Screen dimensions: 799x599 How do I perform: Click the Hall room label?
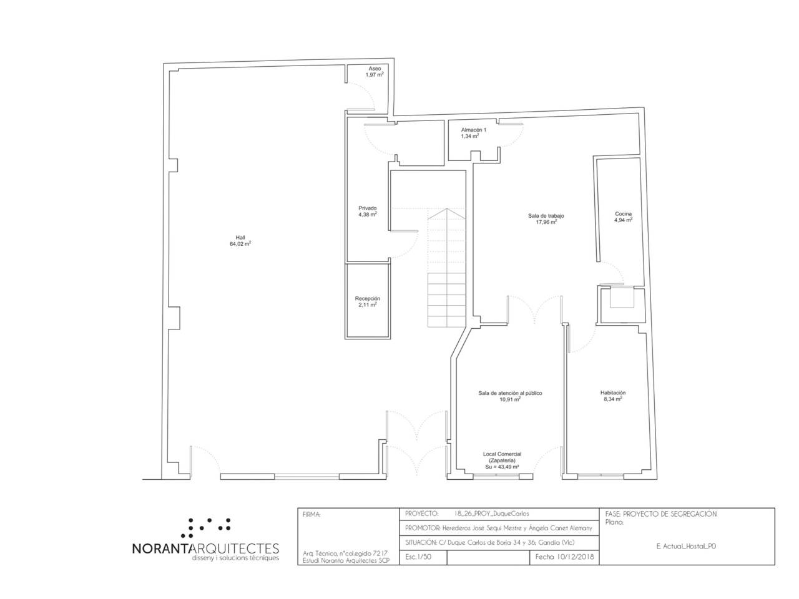point(240,238)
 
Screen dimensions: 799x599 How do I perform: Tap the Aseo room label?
point(375,69)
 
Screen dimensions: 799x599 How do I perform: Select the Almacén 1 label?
point(474,130)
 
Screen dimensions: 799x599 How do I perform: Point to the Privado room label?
point(368,208)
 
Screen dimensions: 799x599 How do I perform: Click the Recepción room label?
point(368,299)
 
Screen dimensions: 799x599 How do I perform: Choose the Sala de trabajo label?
point(546,216)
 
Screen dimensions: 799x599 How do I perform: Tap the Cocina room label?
point(623,214)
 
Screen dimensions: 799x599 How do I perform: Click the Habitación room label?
point(613,393)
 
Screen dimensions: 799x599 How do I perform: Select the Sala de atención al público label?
point(510,393)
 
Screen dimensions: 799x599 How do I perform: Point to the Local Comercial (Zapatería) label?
point(502,457)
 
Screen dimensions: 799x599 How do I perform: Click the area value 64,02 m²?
point(240,244)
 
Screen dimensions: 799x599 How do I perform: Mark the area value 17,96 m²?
point(546,222)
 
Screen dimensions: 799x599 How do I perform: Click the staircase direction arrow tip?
point(447,209)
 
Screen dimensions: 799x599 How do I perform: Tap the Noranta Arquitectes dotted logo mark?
point(206,528)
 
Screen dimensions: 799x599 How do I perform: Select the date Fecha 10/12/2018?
point(564,557)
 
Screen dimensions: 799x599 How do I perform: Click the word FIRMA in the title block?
point(311,515)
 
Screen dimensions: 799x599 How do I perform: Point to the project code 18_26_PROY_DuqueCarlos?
point(491,514)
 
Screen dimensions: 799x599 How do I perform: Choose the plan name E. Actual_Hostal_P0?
point(686,546)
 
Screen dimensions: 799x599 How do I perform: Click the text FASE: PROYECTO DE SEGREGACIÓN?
point(660,514)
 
